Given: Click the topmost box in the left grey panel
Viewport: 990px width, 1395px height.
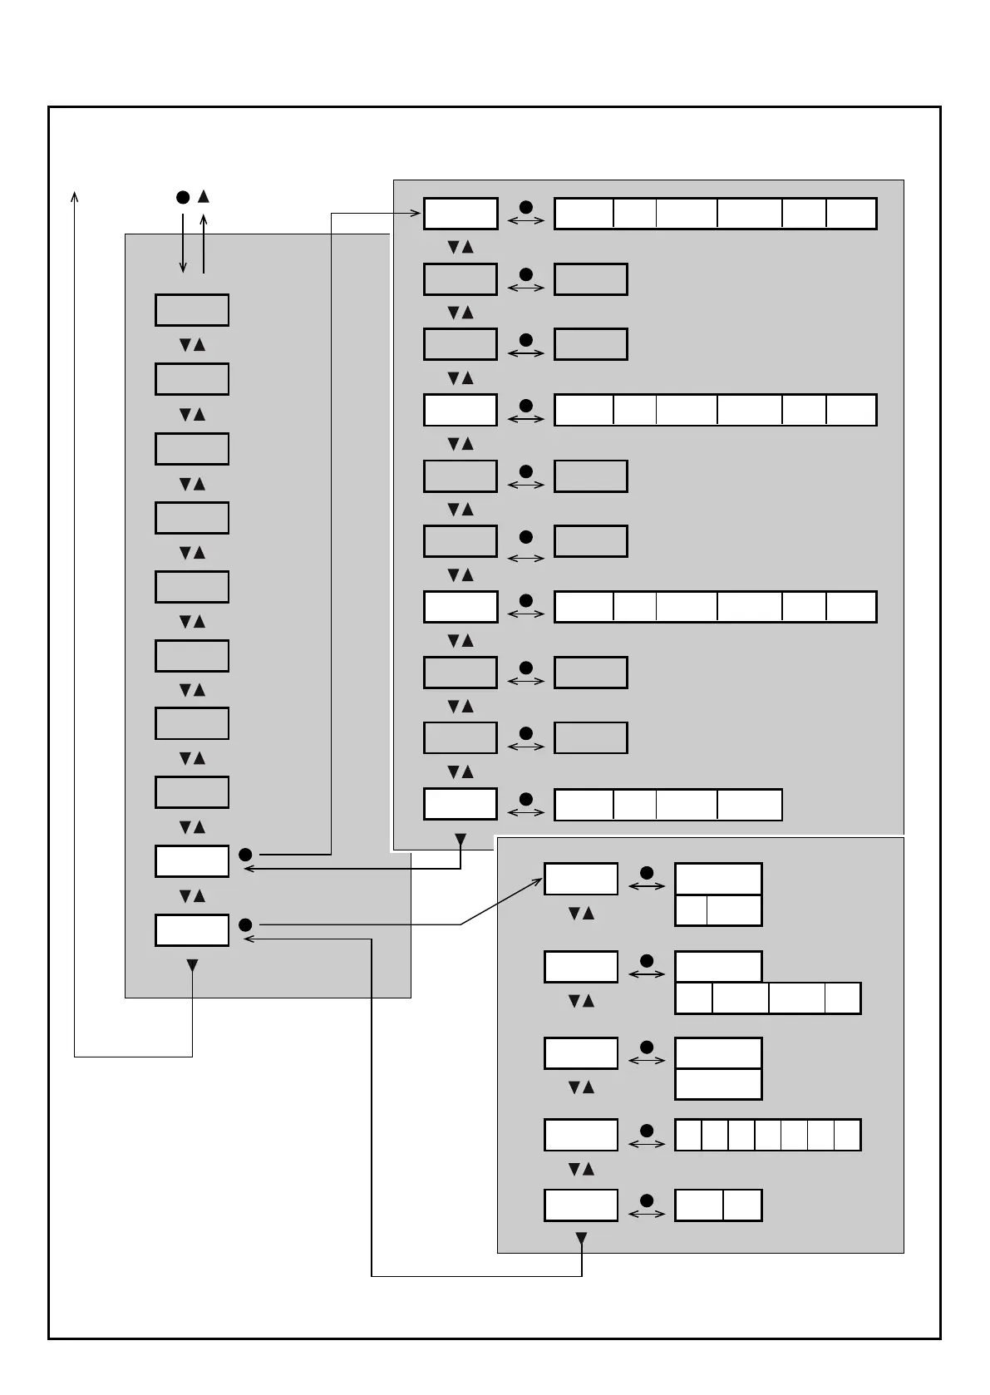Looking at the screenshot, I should [191, 310].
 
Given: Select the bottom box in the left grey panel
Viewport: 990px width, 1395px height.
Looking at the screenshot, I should [191, 930].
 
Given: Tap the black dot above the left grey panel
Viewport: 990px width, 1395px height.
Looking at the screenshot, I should [183, 198].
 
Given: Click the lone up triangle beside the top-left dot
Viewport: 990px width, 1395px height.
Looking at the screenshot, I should [203, 196].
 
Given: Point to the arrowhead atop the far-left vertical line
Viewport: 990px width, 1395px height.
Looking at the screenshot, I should [75, 196].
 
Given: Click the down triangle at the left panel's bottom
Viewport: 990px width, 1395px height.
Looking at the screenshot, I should [192, 965].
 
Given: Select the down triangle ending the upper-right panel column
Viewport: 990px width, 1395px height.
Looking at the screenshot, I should [461, 840].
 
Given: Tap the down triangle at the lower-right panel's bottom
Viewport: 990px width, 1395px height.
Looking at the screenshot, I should [581, 1239].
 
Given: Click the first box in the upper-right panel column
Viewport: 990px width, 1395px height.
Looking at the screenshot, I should [461, 214].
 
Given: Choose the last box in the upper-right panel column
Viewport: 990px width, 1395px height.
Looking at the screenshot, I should [461, 804].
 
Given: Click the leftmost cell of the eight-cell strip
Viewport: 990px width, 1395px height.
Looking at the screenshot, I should [687, 1135].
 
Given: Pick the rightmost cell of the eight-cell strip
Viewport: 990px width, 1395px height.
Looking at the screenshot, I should [847, 1135].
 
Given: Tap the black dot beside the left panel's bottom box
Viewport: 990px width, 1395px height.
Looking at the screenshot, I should [245, 925].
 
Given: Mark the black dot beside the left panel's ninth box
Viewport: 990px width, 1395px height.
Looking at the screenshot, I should [245, 855].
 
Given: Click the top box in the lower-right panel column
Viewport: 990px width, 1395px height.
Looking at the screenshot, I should [580, 879].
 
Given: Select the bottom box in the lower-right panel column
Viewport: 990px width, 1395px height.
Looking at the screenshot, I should [580, 1205].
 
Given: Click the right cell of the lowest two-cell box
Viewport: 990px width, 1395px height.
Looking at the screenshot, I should [742, 1205].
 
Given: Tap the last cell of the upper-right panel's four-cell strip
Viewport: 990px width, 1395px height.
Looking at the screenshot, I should [749, 805].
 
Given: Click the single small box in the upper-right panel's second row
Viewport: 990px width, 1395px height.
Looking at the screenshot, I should [590, 279].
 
